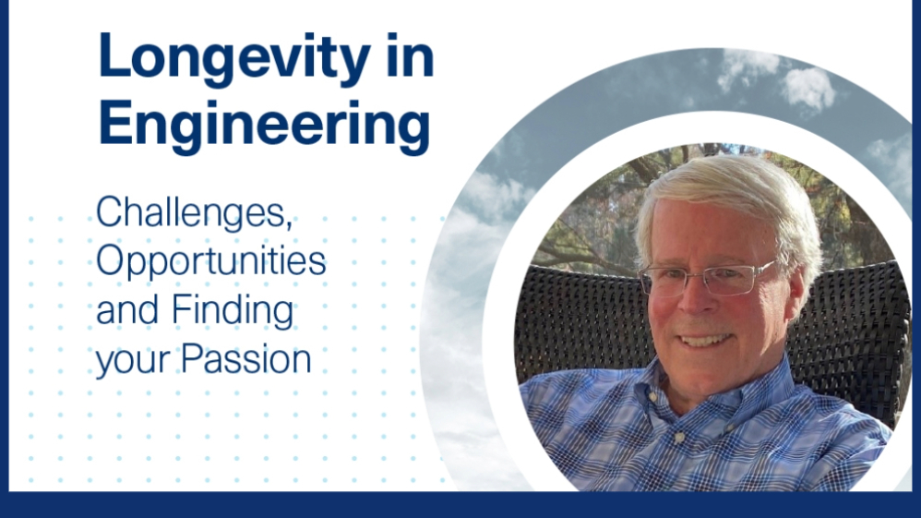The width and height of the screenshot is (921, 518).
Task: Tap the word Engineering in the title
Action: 264,126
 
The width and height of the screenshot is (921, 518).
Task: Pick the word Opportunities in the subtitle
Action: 211,263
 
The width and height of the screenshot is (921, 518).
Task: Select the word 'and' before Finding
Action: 128,310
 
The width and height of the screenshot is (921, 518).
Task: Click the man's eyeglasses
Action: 706,278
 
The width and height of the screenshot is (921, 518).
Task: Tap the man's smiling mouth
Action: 706,339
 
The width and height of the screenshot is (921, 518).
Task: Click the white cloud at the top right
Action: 807,88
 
